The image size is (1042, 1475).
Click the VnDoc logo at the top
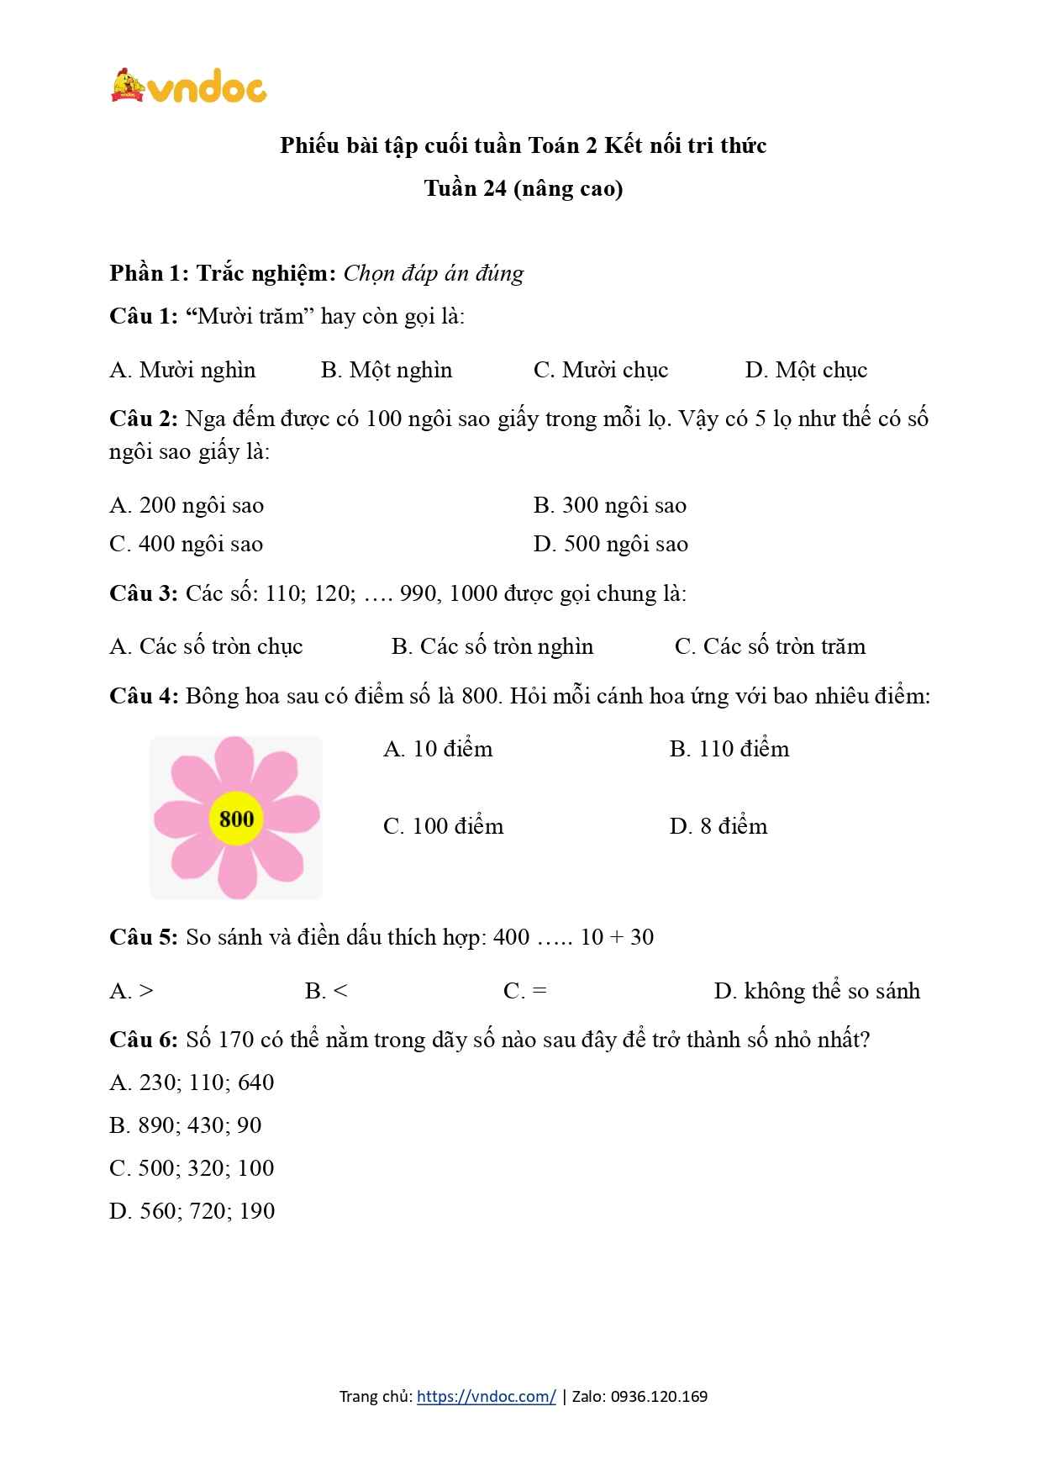coord(188,86)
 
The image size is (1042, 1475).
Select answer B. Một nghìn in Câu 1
coord(386,370)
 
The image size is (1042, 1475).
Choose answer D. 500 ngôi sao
coord(610,544)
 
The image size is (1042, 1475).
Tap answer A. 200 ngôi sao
coord(186,505)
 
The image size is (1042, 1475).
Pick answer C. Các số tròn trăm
coord(769,646)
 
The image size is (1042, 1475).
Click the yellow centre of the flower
coord(236,818)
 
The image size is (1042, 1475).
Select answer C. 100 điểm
coord(443,826)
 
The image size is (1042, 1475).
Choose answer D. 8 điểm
coord(718,826)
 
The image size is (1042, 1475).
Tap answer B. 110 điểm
coord(729,749)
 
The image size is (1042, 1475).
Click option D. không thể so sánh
coord(816,991)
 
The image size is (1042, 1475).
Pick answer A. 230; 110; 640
coord(192,1083)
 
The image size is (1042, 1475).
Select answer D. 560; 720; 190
coord(192,1211)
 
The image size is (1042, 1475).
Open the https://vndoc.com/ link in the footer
coord(486,1397)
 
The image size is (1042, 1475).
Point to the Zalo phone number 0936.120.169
coord(659,1397)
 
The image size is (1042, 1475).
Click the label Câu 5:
coord(143,937)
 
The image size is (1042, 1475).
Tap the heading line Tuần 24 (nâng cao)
coord(523,188)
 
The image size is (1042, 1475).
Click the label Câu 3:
coord(143,593)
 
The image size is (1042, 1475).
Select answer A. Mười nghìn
coord(182,370)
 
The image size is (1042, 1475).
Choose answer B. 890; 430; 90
coord(185,1125)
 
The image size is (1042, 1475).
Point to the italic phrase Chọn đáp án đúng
coord(434,273)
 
